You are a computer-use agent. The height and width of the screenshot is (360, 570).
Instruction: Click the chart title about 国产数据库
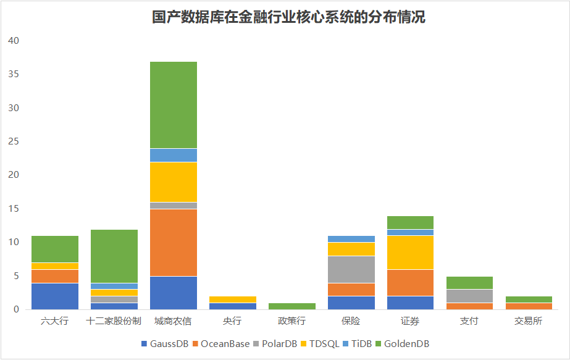coord(288,17)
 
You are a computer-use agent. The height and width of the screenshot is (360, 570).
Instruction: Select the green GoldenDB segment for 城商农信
coord(174,105)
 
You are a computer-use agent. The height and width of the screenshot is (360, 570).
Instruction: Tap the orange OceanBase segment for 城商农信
coord(174,243)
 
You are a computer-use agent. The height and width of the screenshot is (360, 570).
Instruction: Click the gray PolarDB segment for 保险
coord(352,269)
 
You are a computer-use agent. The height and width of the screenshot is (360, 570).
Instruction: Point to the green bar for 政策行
coord(293,306)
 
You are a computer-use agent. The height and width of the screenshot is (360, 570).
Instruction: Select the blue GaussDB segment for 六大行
coord(55,296)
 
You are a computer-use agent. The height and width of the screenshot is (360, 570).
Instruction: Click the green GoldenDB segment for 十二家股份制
coord(114,256)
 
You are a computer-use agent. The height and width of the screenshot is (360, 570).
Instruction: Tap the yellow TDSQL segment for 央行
coord(233,299)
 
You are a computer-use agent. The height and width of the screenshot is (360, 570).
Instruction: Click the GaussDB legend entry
coord(165,343)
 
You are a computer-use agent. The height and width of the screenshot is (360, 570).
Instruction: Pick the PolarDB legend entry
coord(275,343)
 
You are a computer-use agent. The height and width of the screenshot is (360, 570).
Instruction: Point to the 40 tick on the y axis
coord(14,41)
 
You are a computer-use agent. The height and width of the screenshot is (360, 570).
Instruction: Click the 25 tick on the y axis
coord(14,141)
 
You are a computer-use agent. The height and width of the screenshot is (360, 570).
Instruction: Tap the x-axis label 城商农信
coord(174,322)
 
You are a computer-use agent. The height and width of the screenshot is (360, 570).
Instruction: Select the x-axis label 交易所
coord(529,322)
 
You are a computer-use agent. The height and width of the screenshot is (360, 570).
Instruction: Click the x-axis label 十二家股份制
coord(114,322)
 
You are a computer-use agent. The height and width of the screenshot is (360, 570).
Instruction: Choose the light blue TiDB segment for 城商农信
coord(174,155)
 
